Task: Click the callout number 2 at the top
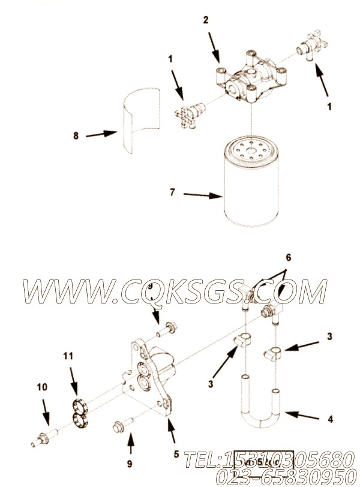(x=206, y=20)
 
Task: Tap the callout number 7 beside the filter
(x=172, y=193)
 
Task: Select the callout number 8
(x=76, y=136)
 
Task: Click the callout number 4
(x=331, y=419)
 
